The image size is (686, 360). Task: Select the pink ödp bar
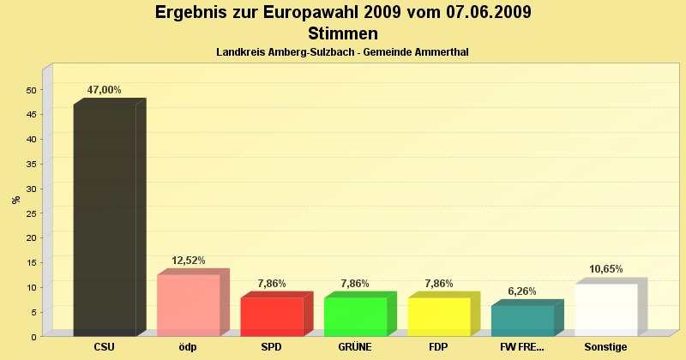pyautogui.click(x=189, y=305)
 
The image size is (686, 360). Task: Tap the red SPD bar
pyautogui.click(x=272, y=316)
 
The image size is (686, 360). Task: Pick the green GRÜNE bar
pyautogui.click(x=355, y=316)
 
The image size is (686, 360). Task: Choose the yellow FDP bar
pyautogui.click(x=439, y=316)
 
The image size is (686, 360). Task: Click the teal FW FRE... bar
pyautogui.click(x=522, y=321)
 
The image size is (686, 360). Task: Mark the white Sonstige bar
pyautogui.click(x=605, y=309)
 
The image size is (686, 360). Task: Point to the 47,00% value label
pyautogui.click(x=105, y=90)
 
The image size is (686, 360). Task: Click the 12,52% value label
pyautogui.click(x=189, y=261)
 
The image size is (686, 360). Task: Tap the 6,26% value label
pyautogui.click(x=522, y=291)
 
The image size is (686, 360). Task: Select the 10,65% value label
pyautogui.click(x=605, y=269)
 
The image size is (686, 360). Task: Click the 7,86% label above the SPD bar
pyautogui.click(x=272, y=284)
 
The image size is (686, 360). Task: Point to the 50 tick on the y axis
pyautogui.click(x=31, y=90)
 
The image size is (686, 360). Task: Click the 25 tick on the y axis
pyautogui.click(x=31, y=213)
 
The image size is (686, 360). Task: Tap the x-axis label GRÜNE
pyautogui.click(x=355, y=347)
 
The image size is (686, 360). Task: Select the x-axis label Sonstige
pyautogui.click(x=605, y=347)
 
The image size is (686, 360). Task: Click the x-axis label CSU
pyautogui.click(x=105, y=347)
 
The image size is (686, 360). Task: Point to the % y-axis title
pyautogui.click(x=15, y=200)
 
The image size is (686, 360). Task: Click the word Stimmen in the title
pyautogui.click(x=343, y=34)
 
